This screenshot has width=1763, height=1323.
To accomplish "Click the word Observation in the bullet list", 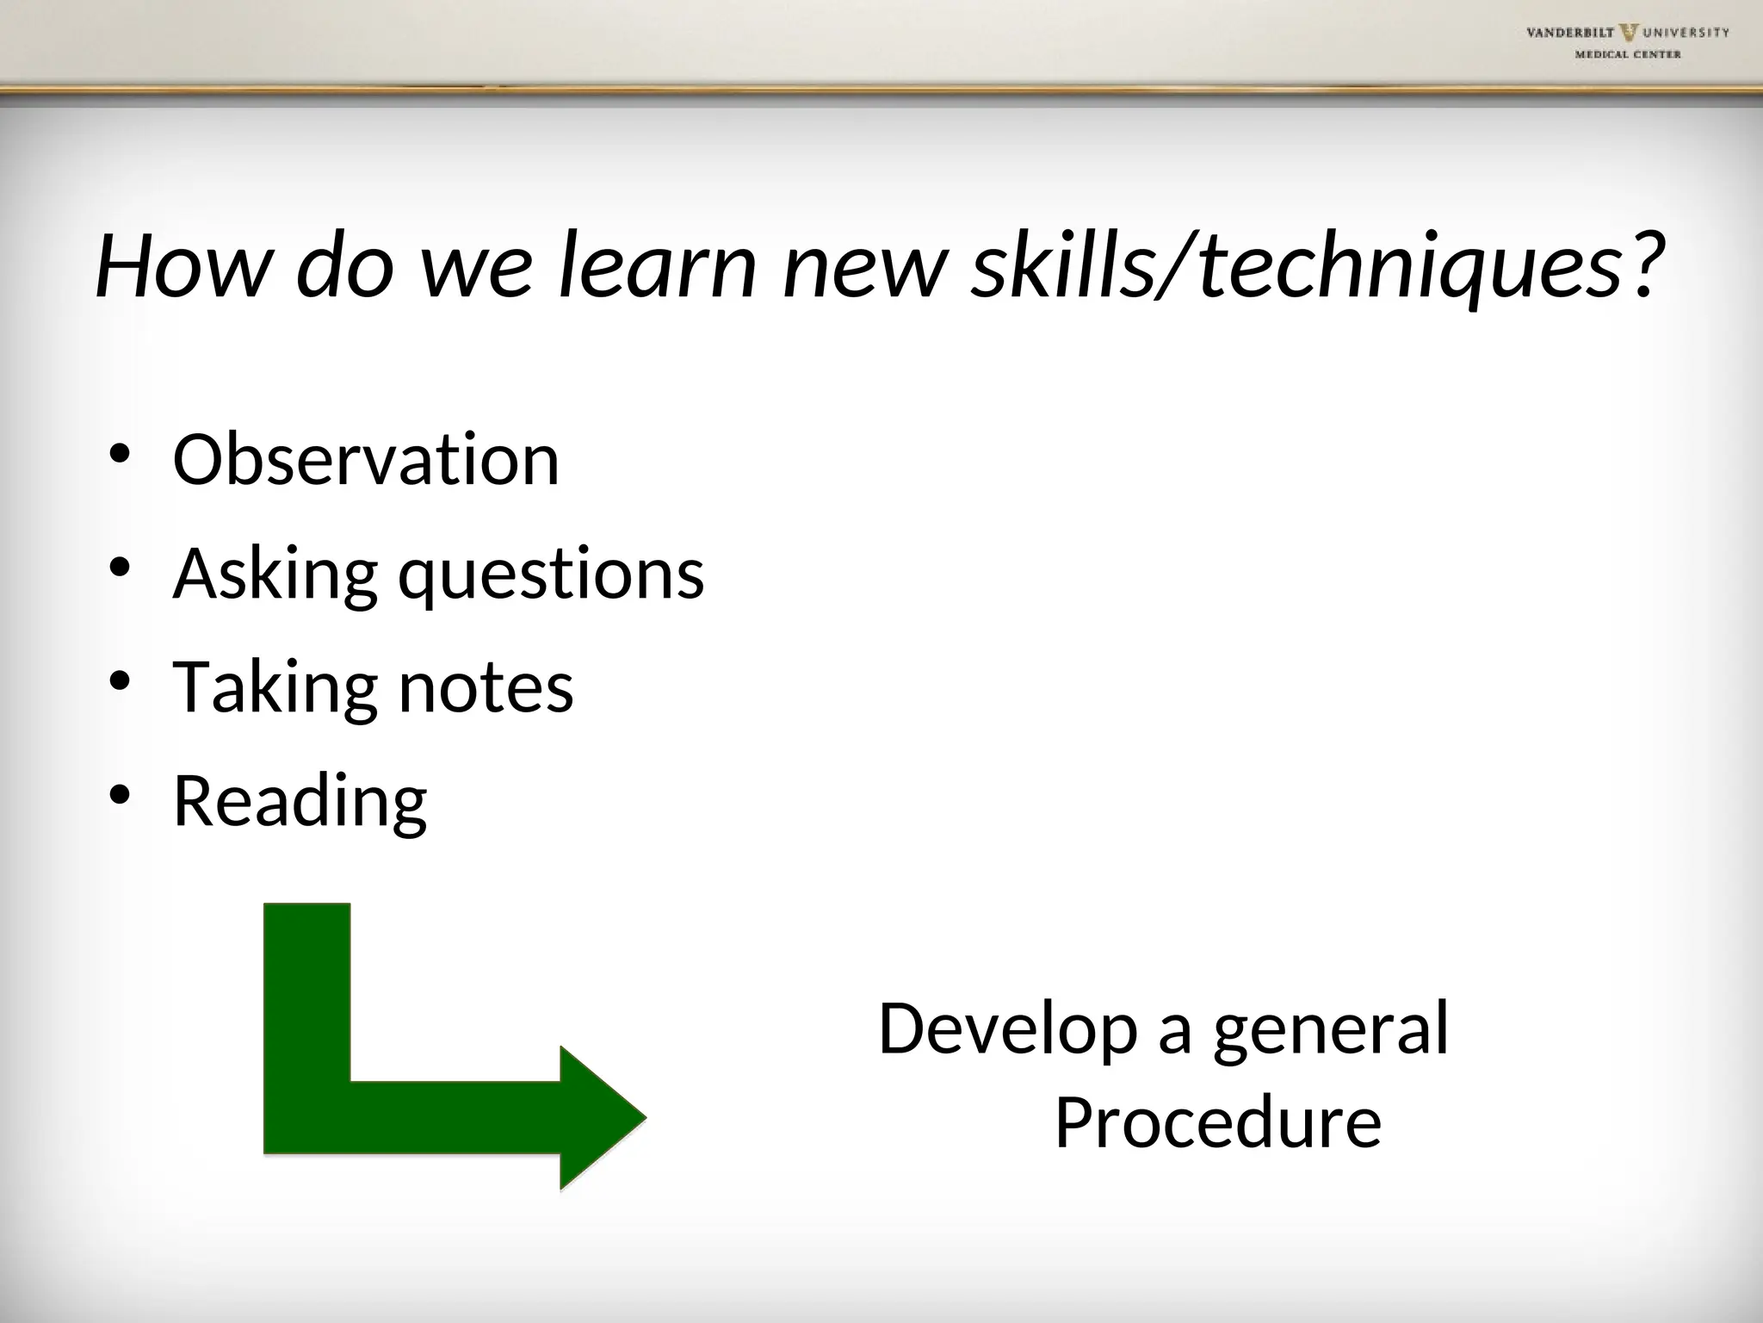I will [x=366, y=460].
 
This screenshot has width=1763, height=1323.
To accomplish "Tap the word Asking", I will [x=275, y=575].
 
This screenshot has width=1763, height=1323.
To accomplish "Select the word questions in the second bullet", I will [x=551, y=575].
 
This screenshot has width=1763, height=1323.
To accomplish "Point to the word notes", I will [x=486, y=687].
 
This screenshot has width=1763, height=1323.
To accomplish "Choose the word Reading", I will [x=300, y=801].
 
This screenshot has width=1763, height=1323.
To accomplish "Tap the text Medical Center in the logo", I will [x=1628, y=54].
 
